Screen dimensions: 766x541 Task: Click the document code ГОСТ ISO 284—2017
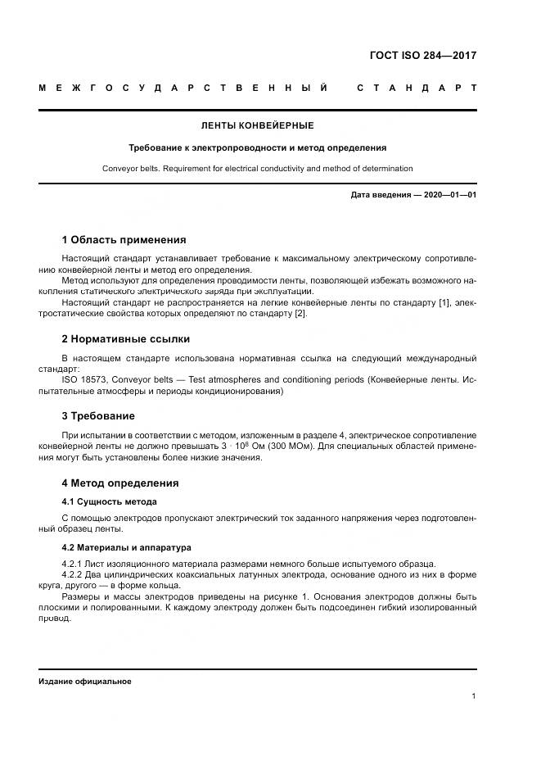pos(423,56)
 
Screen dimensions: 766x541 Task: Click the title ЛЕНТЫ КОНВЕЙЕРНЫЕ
pos(257,126)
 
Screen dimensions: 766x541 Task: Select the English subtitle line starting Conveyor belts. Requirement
pos(257,169)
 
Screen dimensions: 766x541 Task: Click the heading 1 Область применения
pos(124,240)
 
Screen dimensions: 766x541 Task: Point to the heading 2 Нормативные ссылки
pos(125,338)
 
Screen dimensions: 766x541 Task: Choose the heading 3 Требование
pos(98,415)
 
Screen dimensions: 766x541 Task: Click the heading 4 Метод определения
pos(119,483)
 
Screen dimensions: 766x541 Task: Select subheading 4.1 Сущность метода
pos(109,501)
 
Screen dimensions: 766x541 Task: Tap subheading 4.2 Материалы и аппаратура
pos(126,547)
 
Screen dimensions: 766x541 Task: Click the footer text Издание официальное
pos(84,681)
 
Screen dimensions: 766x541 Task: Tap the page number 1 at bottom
pos(474,696)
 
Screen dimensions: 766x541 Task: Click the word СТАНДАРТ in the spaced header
pos(417,88)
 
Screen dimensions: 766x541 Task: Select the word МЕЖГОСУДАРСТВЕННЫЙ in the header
pos(183,88)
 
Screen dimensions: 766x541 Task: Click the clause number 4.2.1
pos(75,563)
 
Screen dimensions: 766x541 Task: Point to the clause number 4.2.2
pos(75,574)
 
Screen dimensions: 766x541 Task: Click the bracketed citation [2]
pos(300,315)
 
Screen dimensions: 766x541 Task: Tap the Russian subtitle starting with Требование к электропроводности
pos(257,148)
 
